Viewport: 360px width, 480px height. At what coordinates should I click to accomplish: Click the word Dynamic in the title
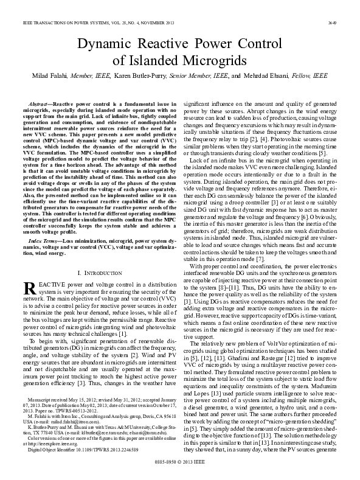click(x=103, y=43)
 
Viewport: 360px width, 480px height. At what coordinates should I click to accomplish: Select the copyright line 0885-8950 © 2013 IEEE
click(x=180, y=470)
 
